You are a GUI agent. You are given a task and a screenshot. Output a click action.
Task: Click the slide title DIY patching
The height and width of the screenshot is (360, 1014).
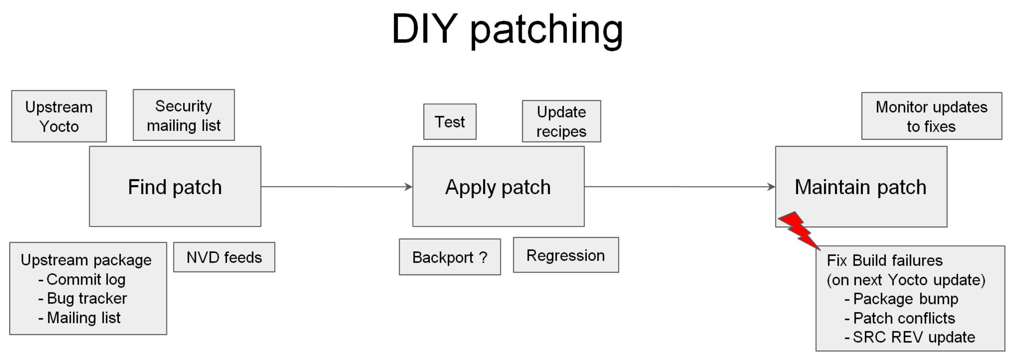click(507, 30)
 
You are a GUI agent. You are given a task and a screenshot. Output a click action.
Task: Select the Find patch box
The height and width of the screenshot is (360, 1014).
click(175, 186)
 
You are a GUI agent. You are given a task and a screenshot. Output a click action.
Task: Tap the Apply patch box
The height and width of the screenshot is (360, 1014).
click(498, 186)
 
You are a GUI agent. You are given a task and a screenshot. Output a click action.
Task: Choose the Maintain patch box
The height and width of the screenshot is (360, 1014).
click(861, 186)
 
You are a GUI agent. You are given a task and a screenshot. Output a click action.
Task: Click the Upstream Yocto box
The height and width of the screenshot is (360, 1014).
click(59, 117)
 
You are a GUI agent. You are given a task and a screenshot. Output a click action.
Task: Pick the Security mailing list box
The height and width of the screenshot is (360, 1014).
click(184, 115)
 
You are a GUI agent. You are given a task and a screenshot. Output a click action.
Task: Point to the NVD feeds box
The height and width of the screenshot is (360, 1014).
click(224, 257)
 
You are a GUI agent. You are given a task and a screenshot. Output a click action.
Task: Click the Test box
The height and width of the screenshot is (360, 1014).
click(450, 122)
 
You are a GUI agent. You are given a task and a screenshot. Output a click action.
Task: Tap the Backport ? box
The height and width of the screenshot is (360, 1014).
click(450, 257)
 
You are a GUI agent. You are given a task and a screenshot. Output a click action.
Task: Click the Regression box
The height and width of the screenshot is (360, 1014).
click(565, 255)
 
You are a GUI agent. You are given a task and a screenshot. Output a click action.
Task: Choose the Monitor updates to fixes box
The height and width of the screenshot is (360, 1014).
click(931, 117)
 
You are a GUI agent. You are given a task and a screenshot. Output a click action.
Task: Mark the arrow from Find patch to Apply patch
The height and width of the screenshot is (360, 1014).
click(336, 187)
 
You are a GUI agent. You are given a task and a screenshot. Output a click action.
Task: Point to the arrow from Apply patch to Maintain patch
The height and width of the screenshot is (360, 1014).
click(680, 187)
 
